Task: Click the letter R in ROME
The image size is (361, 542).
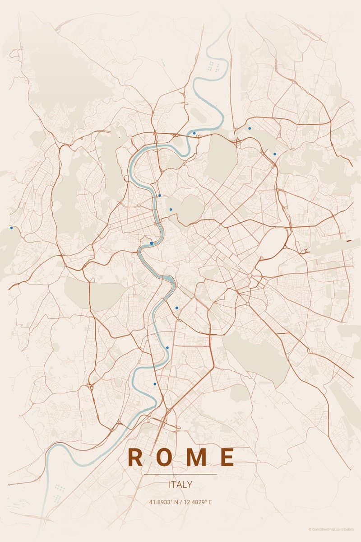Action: tap(136, 457)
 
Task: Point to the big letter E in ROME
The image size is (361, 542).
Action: tap(228, 457)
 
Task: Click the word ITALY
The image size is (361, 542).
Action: tap(180, 485)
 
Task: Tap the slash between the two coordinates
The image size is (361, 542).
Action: tap(180, 502)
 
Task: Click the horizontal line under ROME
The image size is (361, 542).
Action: tap(180, 474)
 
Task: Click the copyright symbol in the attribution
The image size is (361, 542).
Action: tap(310, 529)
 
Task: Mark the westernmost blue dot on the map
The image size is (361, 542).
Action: tap(11, 228)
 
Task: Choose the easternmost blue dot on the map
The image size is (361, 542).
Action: tap(274, 154)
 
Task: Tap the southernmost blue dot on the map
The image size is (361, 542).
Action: tap(155, 384)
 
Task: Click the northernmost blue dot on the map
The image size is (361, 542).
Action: tap(250, 128)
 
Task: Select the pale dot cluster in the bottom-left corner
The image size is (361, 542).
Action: tap(59, 488)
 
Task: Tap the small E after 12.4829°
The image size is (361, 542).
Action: tap(210, 502)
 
